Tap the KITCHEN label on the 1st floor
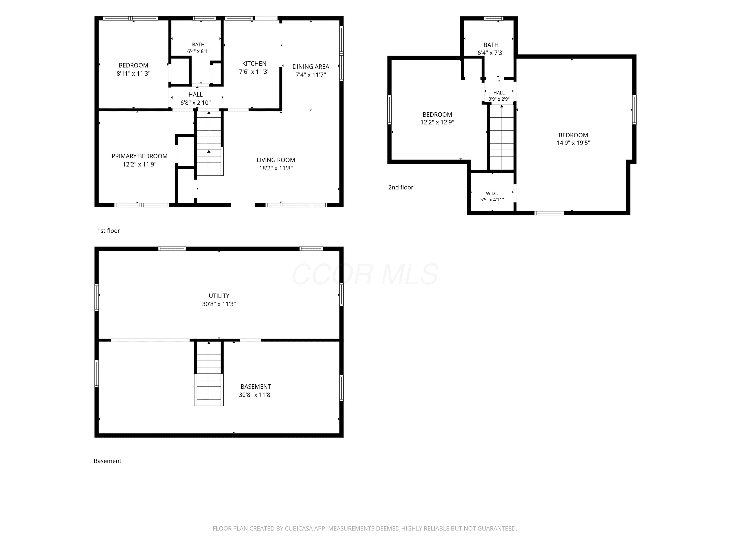point(254,63)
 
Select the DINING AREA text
point(310,67)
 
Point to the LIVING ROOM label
point(276,160)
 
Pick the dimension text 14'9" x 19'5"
point(573,143)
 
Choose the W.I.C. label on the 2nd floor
point(492,194)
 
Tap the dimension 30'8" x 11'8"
point(256,395)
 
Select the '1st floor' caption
point(109,231)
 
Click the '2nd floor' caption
point(401,187)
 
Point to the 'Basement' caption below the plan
point(108,461)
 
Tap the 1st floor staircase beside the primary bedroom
point(209,143)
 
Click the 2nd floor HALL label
point(499,93)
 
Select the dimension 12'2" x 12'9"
point(437,122)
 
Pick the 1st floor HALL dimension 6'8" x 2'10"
point(195,103)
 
